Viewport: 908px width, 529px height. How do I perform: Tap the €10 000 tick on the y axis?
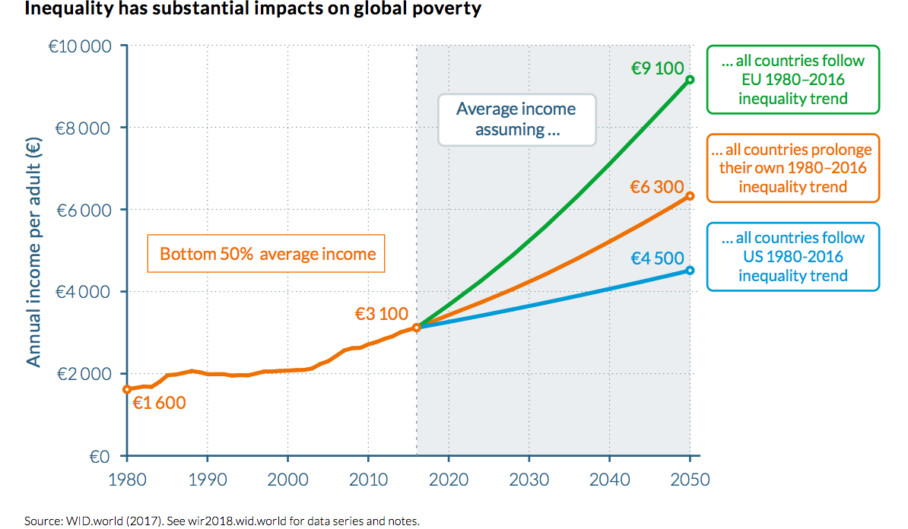coord(79,46)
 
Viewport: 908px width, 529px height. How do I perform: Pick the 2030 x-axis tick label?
coord(529,480)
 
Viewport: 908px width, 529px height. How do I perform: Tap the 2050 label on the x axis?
coord(690,480)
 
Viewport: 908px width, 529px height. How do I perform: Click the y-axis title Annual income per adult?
coord(34,251)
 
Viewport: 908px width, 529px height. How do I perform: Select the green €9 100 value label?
coord(657,68)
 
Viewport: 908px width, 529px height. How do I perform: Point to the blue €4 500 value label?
coord(657,258)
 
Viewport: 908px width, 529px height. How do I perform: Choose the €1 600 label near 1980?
coord(159,403)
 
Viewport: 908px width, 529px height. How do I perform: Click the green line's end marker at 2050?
coord(690,80)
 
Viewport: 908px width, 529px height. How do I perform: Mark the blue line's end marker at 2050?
coord(690,270)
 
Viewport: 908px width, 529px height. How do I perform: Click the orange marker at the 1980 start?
coord(127,389)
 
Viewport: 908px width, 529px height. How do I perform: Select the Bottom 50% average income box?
coord(267,254)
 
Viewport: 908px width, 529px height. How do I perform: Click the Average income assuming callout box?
coord(516,119)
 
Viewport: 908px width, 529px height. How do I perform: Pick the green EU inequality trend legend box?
coord(792,80)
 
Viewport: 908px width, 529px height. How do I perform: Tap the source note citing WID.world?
coord(222,521)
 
